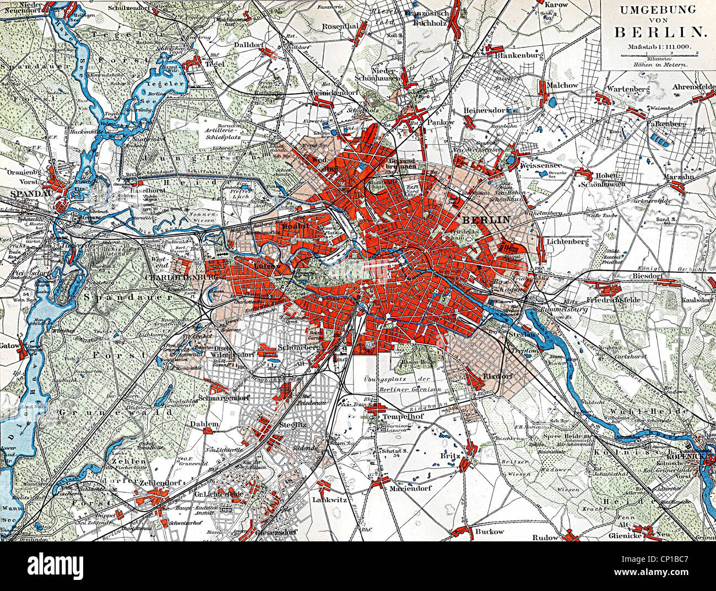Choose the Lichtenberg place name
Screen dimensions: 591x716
point(569,241)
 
